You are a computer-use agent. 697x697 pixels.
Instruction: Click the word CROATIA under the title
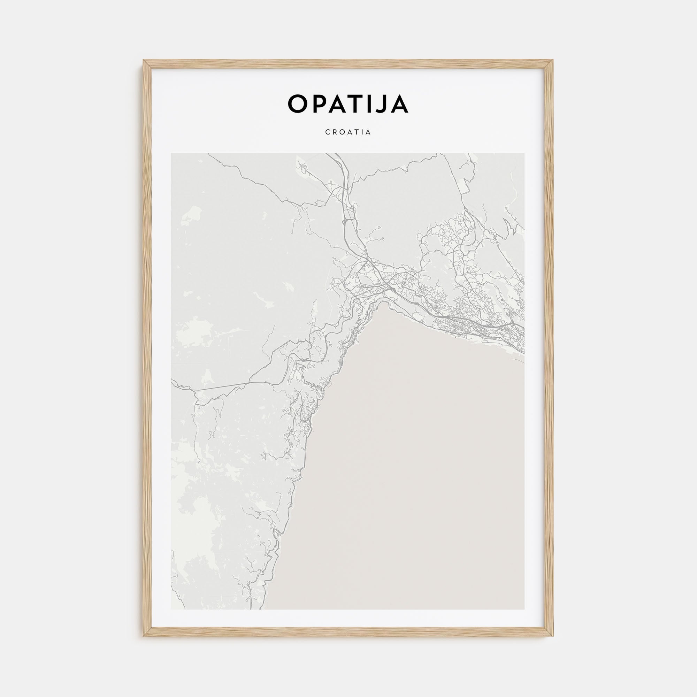(348, 132)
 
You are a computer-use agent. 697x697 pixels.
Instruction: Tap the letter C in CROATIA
(327, 132)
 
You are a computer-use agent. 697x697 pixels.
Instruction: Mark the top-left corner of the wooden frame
(144, 60)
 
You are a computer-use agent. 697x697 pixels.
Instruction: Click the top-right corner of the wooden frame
(553, 60)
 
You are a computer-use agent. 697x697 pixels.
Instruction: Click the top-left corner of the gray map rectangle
(171, 154)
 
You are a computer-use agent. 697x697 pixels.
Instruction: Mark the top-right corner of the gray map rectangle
(524, 154)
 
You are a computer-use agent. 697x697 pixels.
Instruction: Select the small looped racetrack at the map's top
(301, 166)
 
